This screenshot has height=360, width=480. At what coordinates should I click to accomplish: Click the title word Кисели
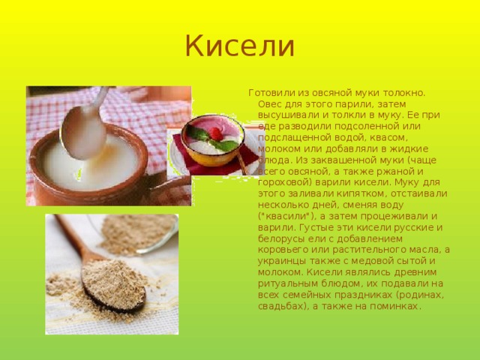coord(240,46)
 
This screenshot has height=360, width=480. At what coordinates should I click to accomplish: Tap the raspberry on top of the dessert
coord(216,133)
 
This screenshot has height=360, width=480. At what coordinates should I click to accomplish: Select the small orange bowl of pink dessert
coord(213,140)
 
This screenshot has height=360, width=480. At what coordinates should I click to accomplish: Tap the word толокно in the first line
coord(404,93)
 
